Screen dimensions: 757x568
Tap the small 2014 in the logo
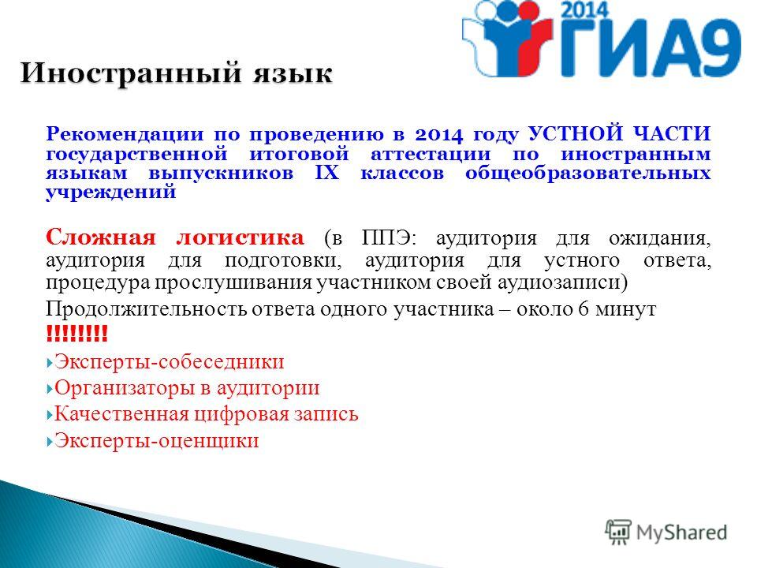coord(586,10)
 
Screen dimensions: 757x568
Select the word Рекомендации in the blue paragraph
coord(125,134)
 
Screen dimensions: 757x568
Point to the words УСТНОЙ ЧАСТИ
coord(620,133)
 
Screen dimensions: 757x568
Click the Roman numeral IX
coord(327,173)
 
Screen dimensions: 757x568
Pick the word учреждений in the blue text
coord(111,192)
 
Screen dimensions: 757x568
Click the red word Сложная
coord(101,237)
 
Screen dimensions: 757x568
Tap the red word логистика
coord(240,237)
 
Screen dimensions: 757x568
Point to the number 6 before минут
coord(584,308)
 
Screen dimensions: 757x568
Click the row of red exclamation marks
coord(76,334)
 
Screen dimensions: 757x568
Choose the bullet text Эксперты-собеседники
coord(169,362)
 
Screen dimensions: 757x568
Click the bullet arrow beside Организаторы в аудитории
coord(49,388)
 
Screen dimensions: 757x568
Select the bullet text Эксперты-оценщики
coord(156,440)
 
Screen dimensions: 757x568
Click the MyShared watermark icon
coord(618,532)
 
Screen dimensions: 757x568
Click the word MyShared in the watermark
coord(681,532)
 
